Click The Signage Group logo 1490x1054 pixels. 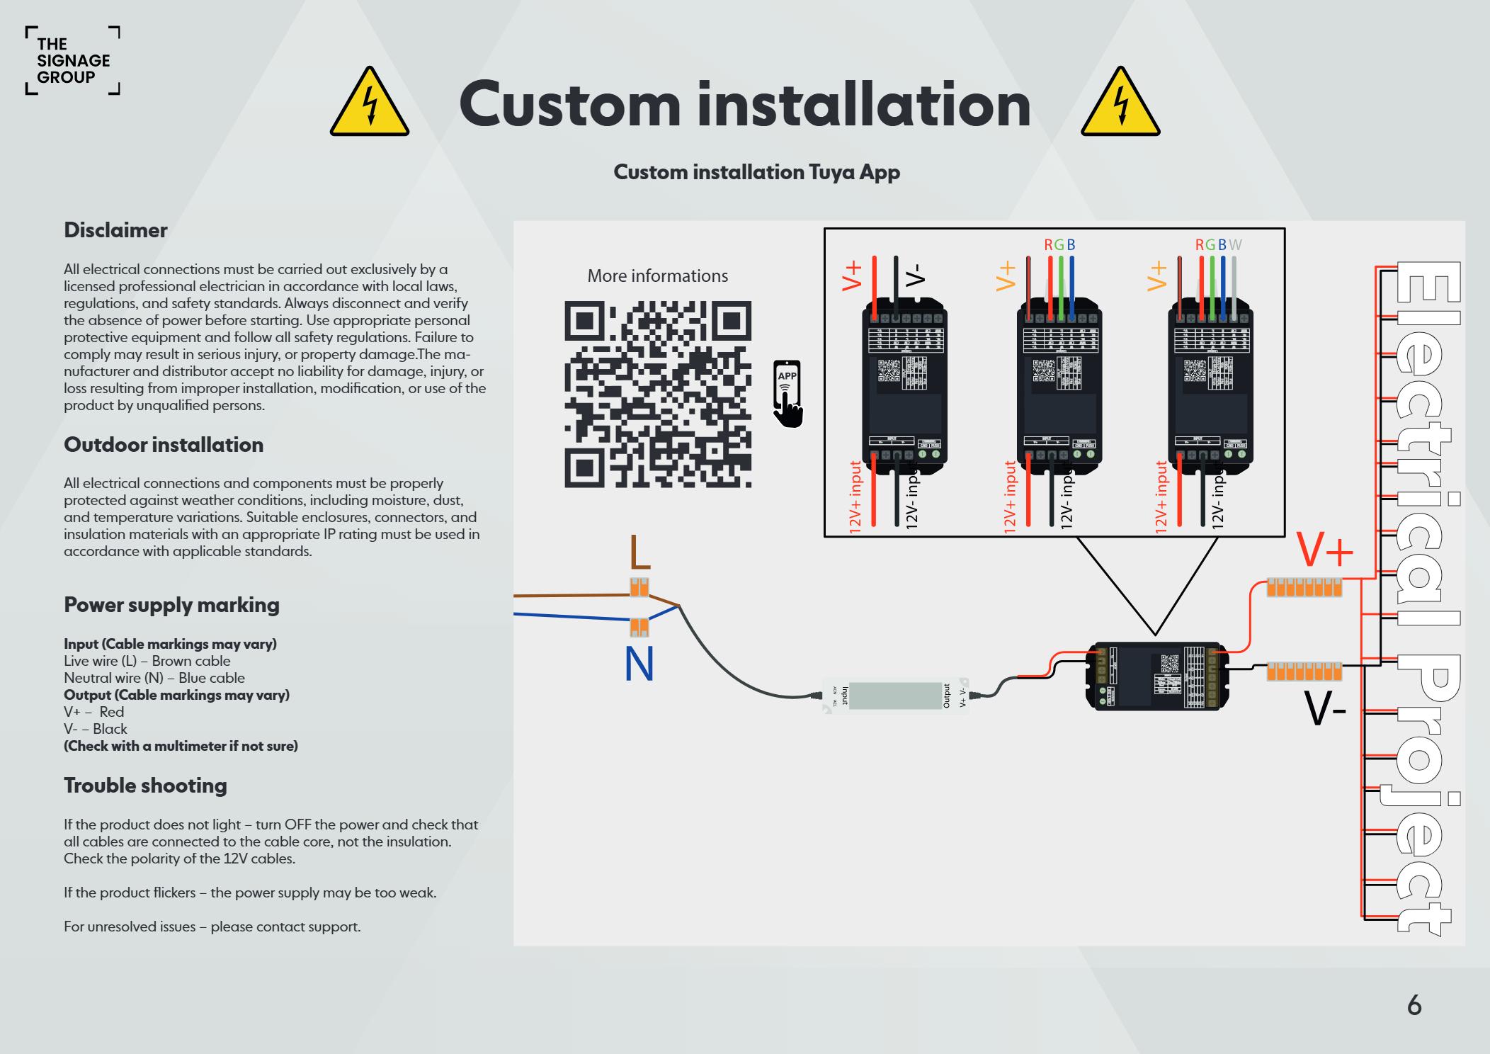point(73,61)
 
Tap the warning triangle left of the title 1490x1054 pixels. point(369,103)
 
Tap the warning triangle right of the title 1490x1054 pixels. point(1120,103)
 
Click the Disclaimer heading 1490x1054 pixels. point(115,230)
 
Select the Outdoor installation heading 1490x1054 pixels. point(164,445)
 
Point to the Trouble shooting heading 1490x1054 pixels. point(145,786)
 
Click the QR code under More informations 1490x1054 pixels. point(657,395)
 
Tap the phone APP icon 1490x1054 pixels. point(787,394)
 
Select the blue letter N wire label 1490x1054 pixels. point(639,664)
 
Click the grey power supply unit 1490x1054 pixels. point(895,696)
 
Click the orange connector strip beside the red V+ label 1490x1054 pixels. point(1304,587)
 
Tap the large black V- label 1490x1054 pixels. point(1325,709)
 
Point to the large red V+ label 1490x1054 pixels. point(1325,550)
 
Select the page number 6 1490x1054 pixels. point(1414,1005)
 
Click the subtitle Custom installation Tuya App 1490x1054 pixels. point(756,172)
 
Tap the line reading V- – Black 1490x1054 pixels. point(96,729)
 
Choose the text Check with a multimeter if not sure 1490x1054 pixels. point(181,746)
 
